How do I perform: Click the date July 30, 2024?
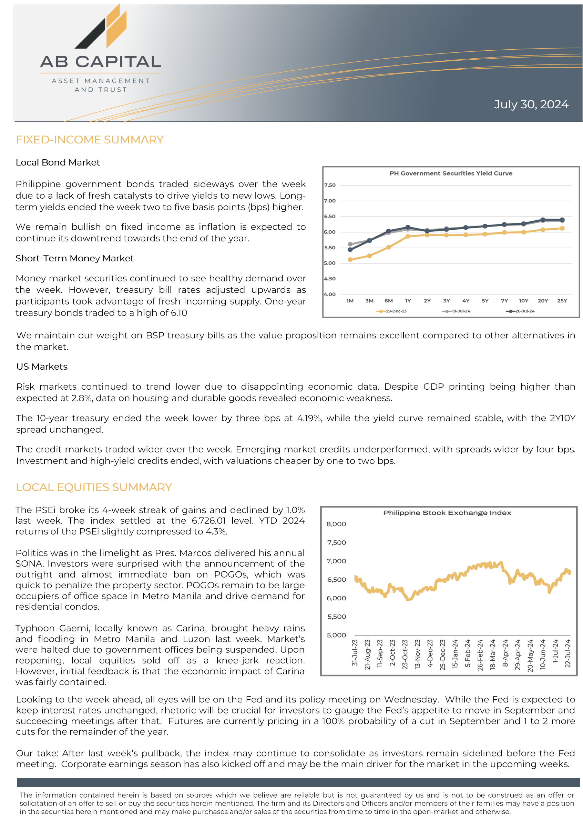click(x=531, y=104)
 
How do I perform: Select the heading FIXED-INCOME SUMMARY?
click(x=89, y=140)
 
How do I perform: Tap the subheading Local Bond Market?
click(x=58, y=163)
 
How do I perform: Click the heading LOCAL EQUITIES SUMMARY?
click(x=94, y=487)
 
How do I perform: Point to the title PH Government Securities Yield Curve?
click(x=451, y=173)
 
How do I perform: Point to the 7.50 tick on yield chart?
click(x=330, y=185)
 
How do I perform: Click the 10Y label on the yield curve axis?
click(x=523, y=301)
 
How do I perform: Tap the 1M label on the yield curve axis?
click(x=350, y=301)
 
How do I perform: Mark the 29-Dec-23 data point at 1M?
click(x=350, y=260)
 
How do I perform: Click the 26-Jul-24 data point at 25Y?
click(x=562, y=220)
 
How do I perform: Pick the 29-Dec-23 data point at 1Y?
click(x=408, y=236)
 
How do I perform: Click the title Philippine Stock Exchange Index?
click(x=447, y=513)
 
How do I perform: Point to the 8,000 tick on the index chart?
click(x=336, y=524)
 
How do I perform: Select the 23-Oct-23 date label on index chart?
click(x=405, y=654)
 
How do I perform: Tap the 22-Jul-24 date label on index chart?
click(x=567, y=653)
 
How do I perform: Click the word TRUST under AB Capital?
click(x=113, y=90)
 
